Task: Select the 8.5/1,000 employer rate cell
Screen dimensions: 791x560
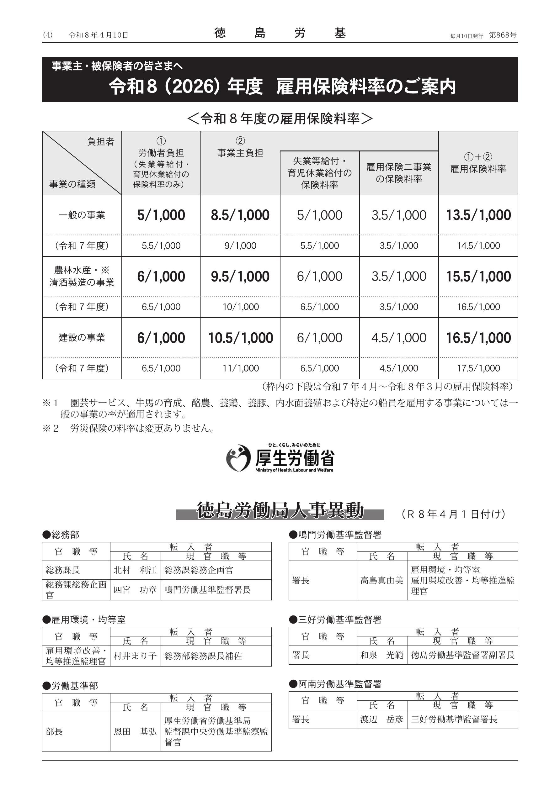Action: click(240, 215)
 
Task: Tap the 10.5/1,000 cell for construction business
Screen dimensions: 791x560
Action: click(240, 338)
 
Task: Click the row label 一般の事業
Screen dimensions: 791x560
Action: click(82, 215)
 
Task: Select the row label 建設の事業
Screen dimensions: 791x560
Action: click(82, 338)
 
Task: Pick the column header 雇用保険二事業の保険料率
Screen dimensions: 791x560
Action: click(399, 173)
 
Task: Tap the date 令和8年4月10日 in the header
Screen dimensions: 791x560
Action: click(98, 35)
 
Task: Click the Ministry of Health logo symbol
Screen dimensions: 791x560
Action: click(237, 458)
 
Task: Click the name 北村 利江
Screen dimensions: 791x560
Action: click(135, 570)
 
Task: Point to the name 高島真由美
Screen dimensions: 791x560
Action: click(381, 581)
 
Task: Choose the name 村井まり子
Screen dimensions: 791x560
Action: click(135, 656)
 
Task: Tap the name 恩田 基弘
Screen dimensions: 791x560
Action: click(135, 731)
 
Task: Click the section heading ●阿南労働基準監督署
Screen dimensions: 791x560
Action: click(335, 684)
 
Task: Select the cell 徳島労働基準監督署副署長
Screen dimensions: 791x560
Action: click(462, 655)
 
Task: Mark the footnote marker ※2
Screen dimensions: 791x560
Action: click(51, 428)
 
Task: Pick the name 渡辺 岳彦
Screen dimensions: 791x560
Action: click(381, 719)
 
